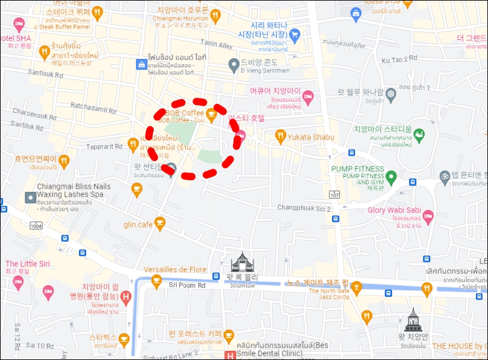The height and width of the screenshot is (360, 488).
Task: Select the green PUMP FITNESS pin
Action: (x=391, y=178)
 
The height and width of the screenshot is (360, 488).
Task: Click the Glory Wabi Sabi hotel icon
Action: (x=428, y=216)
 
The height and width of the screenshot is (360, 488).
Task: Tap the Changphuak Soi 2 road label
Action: (x=304, y=208)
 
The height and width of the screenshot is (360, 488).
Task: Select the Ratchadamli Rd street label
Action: (x=93, y=107)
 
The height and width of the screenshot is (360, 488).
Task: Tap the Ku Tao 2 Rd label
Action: (x=399, y=59)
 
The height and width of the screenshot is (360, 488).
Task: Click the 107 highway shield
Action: (x=335, y=195)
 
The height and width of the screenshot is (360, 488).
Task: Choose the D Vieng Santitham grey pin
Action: (x=234, y=64)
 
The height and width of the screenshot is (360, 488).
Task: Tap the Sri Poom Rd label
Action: (x=187, y=284)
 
